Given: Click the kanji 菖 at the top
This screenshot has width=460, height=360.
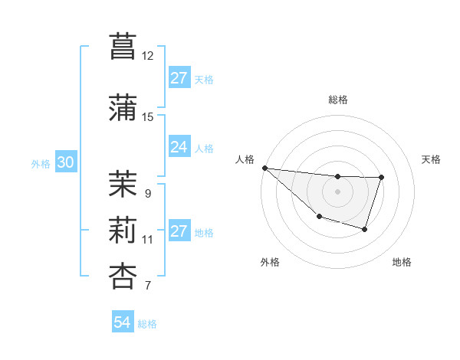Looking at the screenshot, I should pyautogui.click(x=123, y=46).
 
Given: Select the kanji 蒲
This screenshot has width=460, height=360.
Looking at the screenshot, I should pyautogui.click(x=123, y=106).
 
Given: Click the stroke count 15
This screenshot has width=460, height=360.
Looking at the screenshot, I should pyautogui.click(x=148, y=116).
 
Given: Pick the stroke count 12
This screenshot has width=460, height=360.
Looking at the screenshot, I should pyautogui.click(x=148, y=56).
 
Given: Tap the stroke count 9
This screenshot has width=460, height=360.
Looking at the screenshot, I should pyautogui.click(x=148, y=194).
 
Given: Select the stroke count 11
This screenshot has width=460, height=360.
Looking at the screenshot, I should pyautogui.click(x=148, y=240).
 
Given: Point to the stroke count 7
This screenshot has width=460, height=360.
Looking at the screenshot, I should pyautogui.click(x=148, y=286).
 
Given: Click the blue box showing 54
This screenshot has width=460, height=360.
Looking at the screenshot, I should pyautogui.click(x=123, y=322).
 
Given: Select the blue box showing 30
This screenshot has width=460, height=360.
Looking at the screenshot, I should pyautogui.click(x=65, y=162).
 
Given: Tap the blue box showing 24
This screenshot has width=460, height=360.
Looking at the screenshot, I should pyautogui.click(x=179, y=147).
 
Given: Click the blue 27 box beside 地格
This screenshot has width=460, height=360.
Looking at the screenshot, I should pyautogui.click(x=179, y=232).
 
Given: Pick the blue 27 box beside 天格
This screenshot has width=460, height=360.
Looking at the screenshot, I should pyautogui.click(x=179, y=78).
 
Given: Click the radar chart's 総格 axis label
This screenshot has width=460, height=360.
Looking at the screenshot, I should pyautogui.click(x=338, y=100).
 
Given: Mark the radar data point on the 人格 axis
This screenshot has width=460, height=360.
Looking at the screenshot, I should pyautogui.click(x=264, y=168).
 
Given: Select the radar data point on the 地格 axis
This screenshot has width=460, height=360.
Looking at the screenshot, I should pyautogui.click(x=365, y=229).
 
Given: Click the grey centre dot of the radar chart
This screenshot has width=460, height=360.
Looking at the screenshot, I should pyautogui.click(x=337, y=191).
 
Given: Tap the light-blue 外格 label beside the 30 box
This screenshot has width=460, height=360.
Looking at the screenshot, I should pyautogui.click(x=41, y=163).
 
